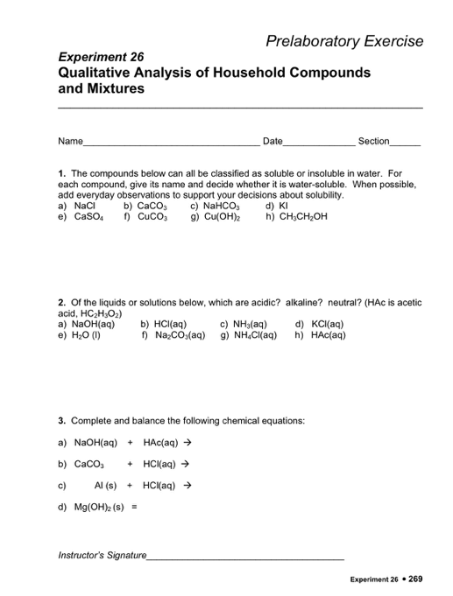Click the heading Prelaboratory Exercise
[346, 41]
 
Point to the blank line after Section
[406, 141]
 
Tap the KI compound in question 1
[282, 207]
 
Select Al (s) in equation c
[107, 484]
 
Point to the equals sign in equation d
[134, 507]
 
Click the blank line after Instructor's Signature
[246, 556]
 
